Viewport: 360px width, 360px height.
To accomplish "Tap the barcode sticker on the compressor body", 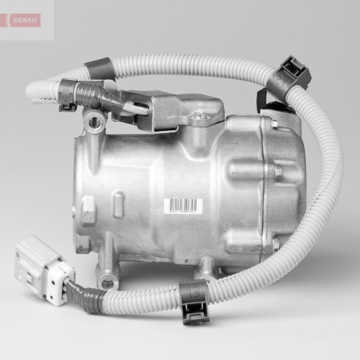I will [183, 206].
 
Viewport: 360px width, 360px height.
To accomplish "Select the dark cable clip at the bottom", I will [194, 303].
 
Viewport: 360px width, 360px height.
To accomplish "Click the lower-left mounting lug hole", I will [108, 283].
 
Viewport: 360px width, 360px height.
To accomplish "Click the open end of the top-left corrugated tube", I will [32, 91].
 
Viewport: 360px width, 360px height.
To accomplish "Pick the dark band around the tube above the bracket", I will [99, 70].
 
